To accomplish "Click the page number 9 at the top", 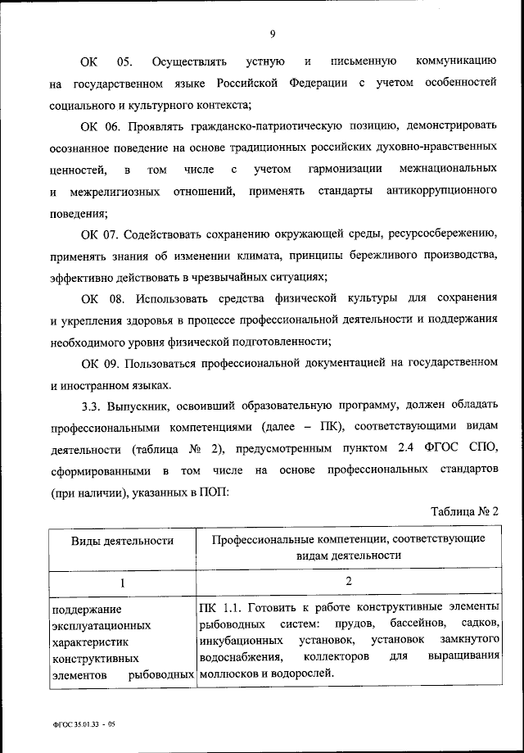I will (272, 33).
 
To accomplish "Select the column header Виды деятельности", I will (121, 541).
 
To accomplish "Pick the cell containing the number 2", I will (348, 582).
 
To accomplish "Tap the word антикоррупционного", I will (440, 190).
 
